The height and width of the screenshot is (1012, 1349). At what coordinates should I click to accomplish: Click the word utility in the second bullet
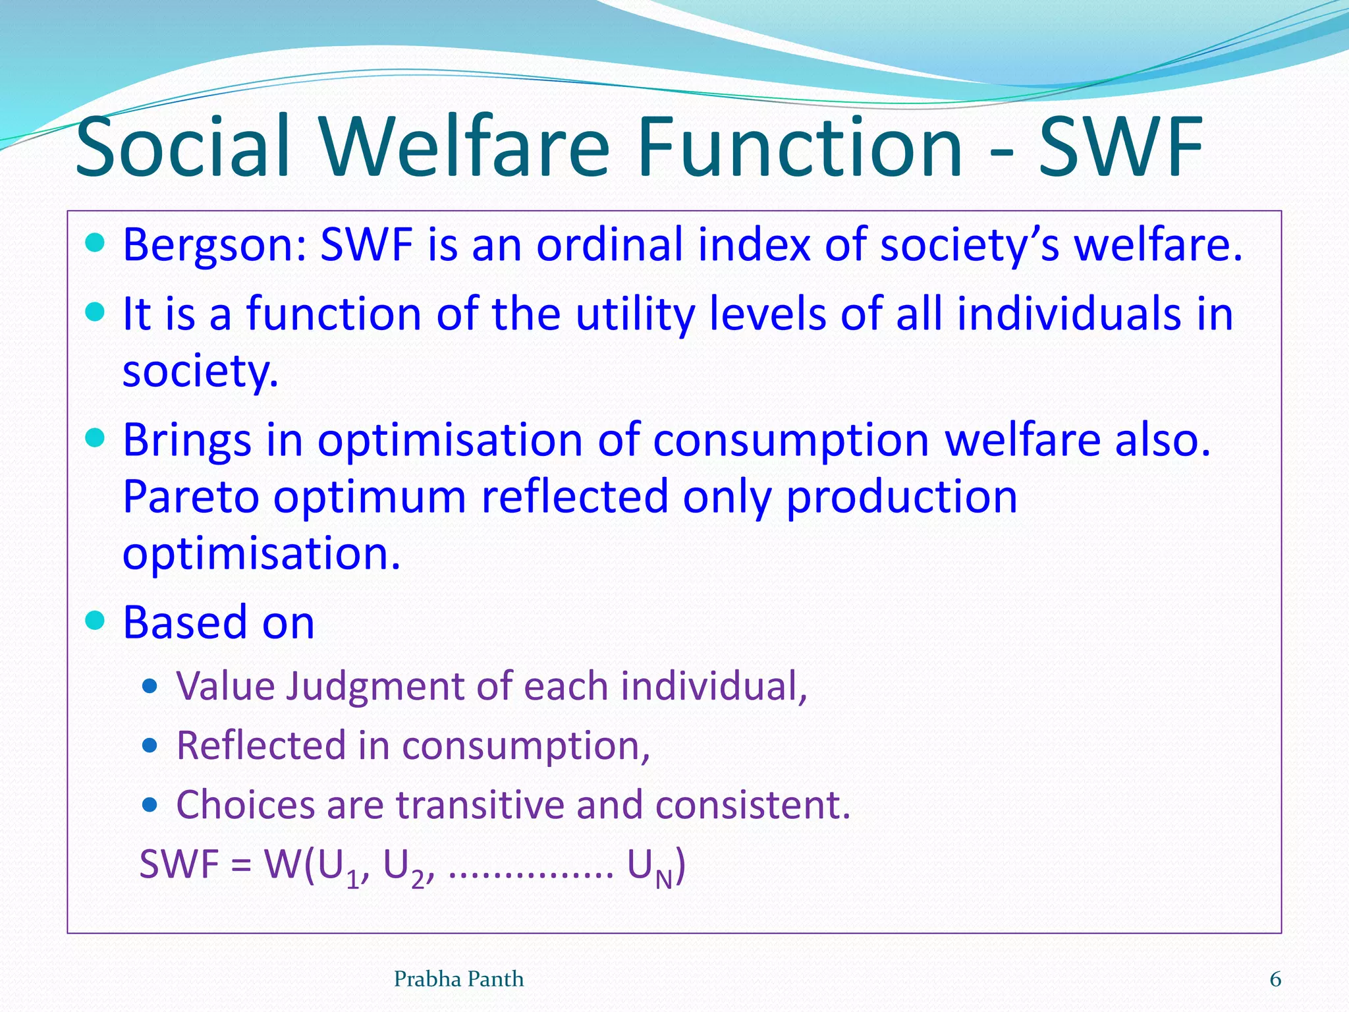[x=635, y=314]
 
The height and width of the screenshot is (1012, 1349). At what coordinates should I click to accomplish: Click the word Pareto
[x=190, y=497]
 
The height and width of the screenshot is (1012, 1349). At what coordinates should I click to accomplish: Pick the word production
[x=902, y=497]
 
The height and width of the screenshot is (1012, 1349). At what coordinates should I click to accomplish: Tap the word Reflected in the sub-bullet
[x=260, y=746]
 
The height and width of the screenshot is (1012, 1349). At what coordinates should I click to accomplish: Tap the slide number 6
[x=1275, y=980]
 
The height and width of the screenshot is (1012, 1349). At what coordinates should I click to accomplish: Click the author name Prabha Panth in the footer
[x=458, y=980]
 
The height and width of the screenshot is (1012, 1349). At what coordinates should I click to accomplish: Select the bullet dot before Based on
[x=96, y=621]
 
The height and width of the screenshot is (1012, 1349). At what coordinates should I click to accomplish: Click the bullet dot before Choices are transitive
[x=150, y=804]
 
